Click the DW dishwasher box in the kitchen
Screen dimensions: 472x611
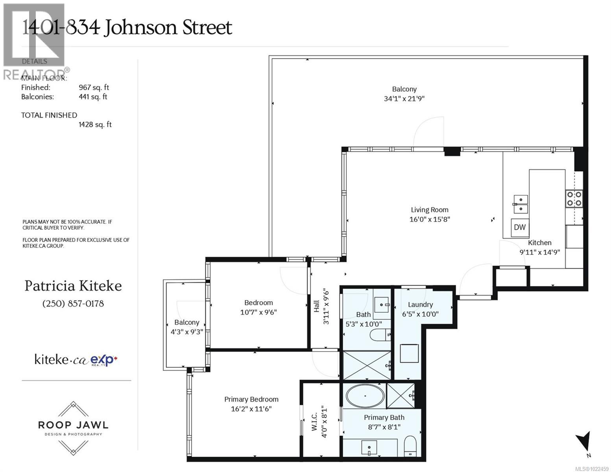(520, 227)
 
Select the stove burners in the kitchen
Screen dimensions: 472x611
(574, 199)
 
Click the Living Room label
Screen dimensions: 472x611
(429, 210)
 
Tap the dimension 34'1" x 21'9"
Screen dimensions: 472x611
(404, 99)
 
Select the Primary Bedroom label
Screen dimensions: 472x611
(251, 399)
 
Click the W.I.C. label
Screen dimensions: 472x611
(315, 422)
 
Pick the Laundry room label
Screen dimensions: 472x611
(420, 304)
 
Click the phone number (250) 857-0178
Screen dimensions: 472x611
(73, 304)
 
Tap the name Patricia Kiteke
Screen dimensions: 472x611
(73, 286)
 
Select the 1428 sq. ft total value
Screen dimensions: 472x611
(95, 125)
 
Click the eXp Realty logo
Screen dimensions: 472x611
(104, 360)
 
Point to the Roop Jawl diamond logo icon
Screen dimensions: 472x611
(73, 411)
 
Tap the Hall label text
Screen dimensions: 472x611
(317, 307)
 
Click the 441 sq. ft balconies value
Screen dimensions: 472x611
(93, 97)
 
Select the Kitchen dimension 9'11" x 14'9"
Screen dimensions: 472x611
(539, 252)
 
